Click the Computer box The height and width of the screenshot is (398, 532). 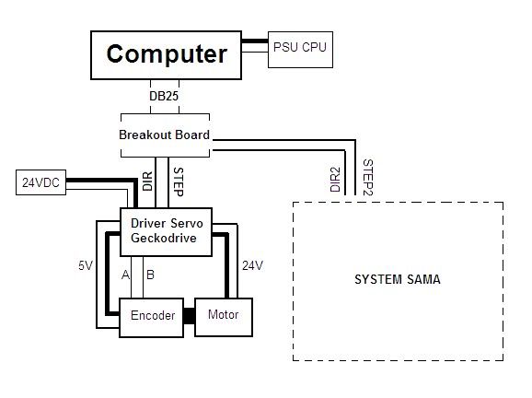tap(166, 55)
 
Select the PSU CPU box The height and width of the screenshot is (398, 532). tap(300, 50)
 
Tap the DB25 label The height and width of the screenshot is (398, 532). tap(164, 96)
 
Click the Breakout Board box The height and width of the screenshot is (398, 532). tap(165, 135)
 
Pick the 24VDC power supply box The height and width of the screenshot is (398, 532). tap(40, 182)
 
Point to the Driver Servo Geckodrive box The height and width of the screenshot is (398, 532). tap(167, 231)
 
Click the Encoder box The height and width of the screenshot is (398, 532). tap(151, 318)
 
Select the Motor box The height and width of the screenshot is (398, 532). tap(224, 317)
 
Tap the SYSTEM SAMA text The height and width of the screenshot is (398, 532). tap(398, 279)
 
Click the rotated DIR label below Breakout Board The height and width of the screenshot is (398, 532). tap(147, 181)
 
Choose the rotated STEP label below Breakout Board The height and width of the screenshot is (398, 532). tap(179, 181)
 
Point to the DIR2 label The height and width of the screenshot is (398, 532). tap(335, 180)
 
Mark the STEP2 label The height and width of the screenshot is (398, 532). tap(368, 177)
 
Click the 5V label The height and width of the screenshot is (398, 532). tap(86, 265)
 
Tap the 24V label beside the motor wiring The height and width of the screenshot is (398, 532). tap(253, 265)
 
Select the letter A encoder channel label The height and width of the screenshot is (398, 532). tap(125, 275)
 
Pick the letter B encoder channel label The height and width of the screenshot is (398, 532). tap(150, 275)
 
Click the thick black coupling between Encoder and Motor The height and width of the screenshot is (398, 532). tap(190, 316)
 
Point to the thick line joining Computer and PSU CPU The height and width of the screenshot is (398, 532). tap(255, 41)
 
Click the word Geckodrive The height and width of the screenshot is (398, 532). tap(164, 238)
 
